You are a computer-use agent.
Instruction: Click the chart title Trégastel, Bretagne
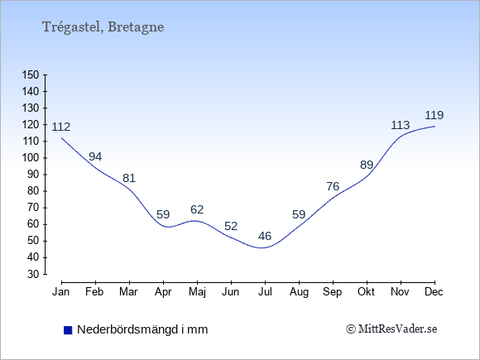[103, 27]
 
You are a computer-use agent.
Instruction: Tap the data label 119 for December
[434, 115]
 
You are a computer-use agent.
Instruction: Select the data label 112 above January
[61, 127]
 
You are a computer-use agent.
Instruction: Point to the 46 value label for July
[265, 236]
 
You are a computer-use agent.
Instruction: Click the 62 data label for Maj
[197, 209]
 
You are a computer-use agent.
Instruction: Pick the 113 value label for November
[400, 125]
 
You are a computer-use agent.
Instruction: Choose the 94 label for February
[95, 156]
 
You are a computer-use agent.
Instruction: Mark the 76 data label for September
[333, 186]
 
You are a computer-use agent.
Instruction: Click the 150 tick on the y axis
[31, 74]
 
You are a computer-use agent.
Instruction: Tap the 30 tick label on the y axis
[34, 274]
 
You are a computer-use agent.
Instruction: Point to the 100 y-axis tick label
[31, 158]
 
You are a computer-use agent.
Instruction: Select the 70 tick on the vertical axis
[34, 208]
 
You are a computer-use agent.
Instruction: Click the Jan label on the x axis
[60, 292]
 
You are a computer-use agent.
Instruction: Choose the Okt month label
[366, 292]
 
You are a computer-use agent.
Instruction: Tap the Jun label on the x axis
[231, 292]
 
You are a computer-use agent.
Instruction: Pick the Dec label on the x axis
[434, 292]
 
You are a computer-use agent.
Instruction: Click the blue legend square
[68, 330]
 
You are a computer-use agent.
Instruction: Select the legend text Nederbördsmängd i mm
[142, 329]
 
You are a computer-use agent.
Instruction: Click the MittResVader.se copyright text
[391, 329]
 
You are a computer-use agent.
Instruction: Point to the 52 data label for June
[231, 226]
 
